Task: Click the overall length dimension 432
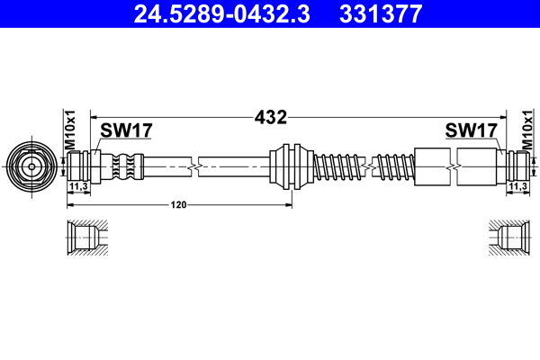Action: [x=270, y=117]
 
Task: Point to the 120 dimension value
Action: [x=180, y=205]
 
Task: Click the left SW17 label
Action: [x=125, y=131]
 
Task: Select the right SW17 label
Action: [x=472, y=131]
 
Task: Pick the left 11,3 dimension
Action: [x=78, y=186]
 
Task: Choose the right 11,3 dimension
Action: [x=517, y=186]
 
